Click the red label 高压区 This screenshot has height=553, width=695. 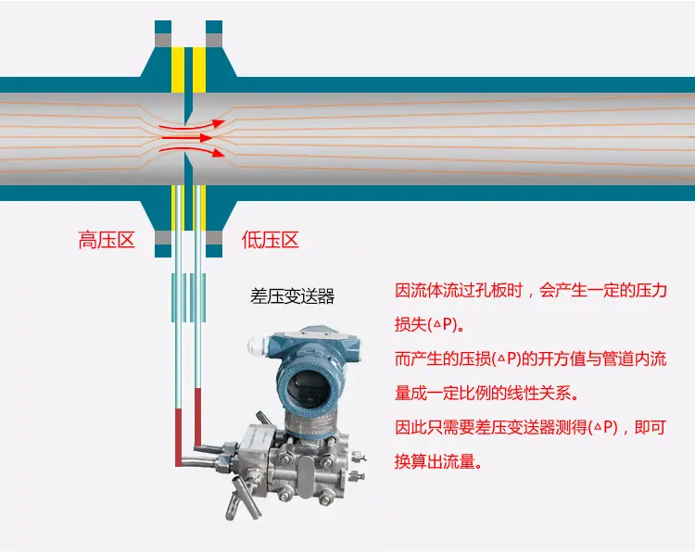click(107, 240)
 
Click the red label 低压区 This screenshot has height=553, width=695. click(270, 240)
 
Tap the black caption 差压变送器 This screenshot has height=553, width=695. click(292, 296)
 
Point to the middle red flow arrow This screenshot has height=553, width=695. click(187, 138)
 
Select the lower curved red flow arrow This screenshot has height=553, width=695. click(191, 151)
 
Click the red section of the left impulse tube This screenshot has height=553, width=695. click(179, 437)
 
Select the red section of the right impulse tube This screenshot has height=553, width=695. click(197, 418)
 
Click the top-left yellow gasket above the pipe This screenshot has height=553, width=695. click(178, 69)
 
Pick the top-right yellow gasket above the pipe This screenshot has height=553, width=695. click(199, 69)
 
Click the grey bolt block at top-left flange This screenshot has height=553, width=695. click(163, 41)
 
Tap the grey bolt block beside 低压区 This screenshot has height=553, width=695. click(214, 237)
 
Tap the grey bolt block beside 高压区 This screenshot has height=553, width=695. click(163, 237)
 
